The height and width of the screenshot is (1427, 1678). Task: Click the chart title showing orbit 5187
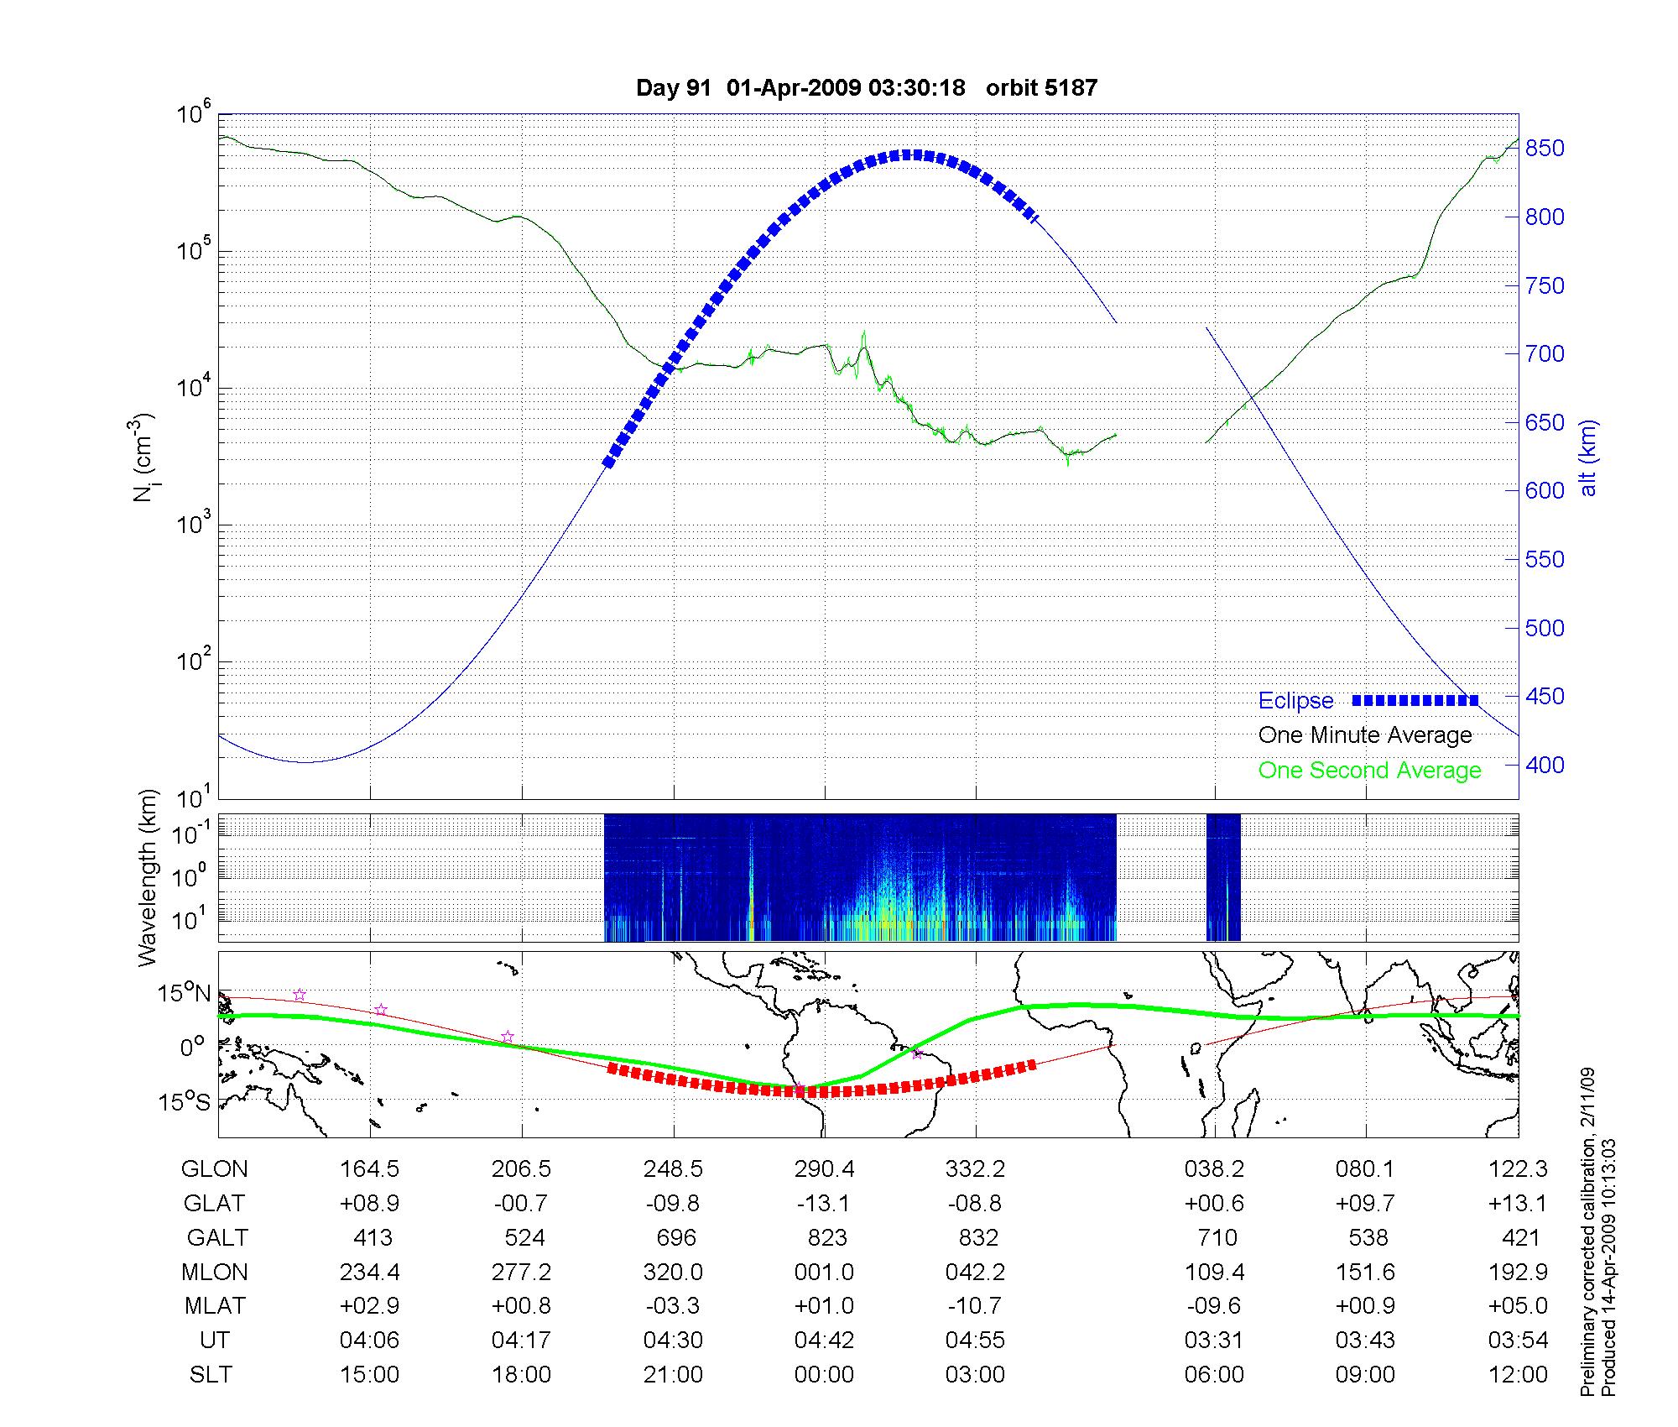pos(867,88)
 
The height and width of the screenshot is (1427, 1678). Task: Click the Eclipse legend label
pos(1295,701)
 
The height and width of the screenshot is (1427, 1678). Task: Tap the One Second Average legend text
pos(1369,771)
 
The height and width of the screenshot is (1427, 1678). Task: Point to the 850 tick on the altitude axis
pos(1545,149)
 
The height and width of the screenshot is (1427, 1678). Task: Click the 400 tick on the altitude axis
pos(1545,765)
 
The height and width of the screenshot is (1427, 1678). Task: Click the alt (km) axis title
pos(1588,457)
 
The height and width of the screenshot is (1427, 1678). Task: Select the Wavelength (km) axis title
pos(149,878)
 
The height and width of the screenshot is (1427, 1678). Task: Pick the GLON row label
pos(215,1169)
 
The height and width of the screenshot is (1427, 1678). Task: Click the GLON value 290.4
pos(824,1169)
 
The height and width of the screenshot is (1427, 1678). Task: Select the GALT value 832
pos(977,1238)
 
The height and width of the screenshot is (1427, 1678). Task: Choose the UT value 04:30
pos(673,1341)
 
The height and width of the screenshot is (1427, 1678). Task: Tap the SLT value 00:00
pos(824,1375)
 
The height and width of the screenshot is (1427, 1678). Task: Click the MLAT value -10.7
pos(975,1306)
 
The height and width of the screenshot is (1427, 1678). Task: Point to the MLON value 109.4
pos(1214,1273)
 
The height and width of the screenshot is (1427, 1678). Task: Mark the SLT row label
pos(211,1375)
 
